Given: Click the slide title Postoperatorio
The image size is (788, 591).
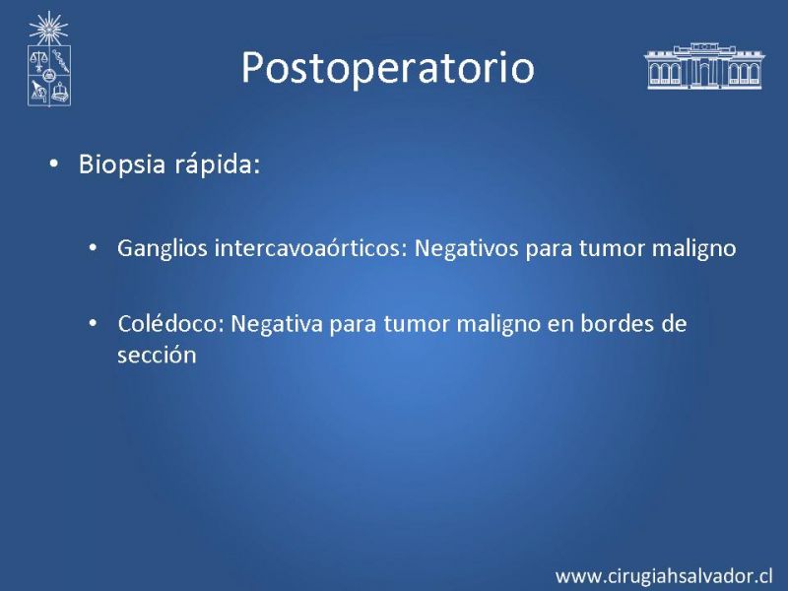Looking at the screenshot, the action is [x=387, y=67].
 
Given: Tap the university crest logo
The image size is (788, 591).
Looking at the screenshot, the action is [x=48, y=59].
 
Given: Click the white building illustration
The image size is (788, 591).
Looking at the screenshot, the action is [x=704, y=66].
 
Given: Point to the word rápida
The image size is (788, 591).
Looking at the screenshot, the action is [x=217, y=164].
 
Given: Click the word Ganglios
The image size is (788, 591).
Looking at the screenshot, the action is [x=163, y=249].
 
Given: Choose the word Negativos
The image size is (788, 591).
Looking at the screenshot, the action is [x=466, y=249].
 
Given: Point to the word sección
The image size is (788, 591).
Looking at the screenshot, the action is [x=157, y=355].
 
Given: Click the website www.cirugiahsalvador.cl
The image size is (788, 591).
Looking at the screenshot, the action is [x=664, y=576].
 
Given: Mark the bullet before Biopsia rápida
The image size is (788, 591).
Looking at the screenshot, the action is [x=54, y=164].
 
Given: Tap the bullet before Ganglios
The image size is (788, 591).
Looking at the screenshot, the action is [x=93, y=248].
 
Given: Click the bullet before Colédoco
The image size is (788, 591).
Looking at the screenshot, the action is [x=93, y=323].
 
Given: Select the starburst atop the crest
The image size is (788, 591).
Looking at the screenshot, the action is [x=48, y=29].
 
